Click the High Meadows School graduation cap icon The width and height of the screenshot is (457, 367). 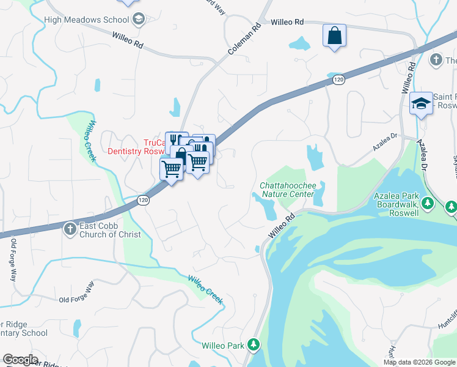click(139, 19)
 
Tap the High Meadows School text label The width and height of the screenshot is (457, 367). click(86, 20)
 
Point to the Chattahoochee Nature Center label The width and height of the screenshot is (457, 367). click(287, 190)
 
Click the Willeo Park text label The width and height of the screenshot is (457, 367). click(223, 346)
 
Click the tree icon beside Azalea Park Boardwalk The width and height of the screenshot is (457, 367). click(451, 206)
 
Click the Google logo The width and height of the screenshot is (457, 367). click(20, 360)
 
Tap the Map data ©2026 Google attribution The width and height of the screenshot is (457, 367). click(419, 362)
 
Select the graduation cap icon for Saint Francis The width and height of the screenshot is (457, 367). click(420, 103)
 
